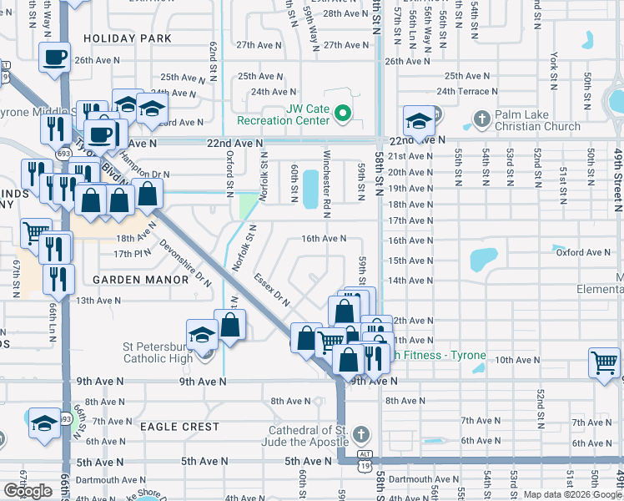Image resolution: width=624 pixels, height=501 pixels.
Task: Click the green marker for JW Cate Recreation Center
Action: point(342,112)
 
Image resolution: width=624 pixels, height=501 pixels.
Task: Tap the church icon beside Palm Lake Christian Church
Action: point(481,119)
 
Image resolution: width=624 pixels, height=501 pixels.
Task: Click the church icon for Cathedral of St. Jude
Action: point(360,433)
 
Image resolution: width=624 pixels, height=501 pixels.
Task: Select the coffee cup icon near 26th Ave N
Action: point(55,58)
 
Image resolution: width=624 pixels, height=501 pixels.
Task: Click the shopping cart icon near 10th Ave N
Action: point(604,362)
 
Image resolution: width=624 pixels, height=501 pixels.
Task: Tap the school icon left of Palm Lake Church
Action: point(417,122)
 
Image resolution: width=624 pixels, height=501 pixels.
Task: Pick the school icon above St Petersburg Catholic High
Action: point(201,336)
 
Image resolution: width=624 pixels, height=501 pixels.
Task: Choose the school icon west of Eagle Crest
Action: point(43,423)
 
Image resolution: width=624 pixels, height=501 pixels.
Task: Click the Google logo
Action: point(28,491)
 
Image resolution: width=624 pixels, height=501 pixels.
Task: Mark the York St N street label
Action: point(554,69)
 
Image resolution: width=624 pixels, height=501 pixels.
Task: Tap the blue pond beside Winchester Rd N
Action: point(309,190)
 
